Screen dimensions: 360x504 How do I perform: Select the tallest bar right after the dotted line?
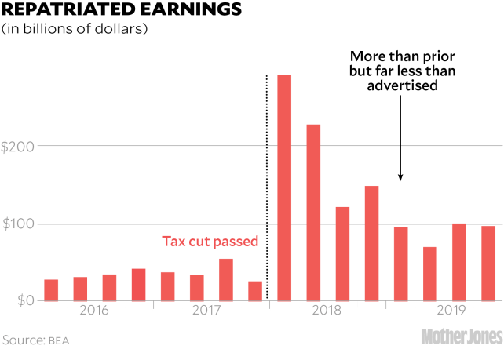[x=284, y=188]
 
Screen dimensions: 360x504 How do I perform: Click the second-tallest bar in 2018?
[x=313, y=213]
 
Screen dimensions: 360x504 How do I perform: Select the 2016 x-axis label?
[x=94, y=311]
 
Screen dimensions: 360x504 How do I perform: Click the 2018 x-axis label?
[x=327, y=311]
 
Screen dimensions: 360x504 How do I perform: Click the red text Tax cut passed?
[x=210, y=242]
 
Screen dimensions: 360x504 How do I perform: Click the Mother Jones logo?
[x=461, y=337]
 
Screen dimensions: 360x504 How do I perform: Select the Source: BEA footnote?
[x=36, y=340]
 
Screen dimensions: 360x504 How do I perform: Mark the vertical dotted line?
[x=268, y=188]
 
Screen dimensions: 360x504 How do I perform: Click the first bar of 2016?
[x=52, y=290]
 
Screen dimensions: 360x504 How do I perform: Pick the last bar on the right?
[x=488, y=264]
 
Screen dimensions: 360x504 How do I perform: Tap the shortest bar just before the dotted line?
[x=255, y=291]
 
